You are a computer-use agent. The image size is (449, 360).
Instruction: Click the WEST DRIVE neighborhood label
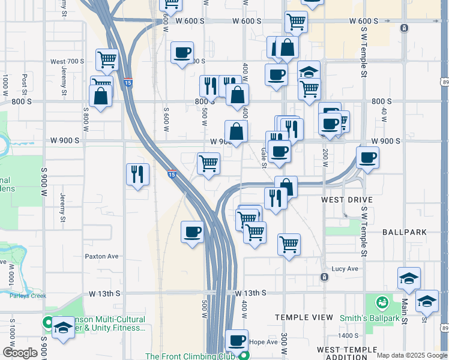coord(347,199)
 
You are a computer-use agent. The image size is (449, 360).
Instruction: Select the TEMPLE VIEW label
coord(303,317)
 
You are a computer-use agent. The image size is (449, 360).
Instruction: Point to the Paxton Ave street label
coord(101,256)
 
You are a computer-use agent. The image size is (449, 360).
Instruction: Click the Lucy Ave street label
coord(345,269)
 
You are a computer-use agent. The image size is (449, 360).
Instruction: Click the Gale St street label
coord(264,158)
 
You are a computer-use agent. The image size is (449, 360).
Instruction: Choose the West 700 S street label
coord(67,61)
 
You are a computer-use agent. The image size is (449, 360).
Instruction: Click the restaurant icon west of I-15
coord(137,175)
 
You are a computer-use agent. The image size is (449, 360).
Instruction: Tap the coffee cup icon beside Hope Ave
coord(236,340)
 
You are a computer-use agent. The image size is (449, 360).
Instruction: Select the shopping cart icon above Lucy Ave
coord(289,244)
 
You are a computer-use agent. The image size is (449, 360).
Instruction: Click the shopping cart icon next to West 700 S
coord(106,60)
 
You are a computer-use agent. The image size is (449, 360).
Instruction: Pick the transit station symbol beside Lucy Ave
coord(324,277)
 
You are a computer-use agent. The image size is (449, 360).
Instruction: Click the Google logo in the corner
coord(20,353)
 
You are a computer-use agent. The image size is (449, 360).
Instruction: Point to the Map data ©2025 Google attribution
coord(411,355)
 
